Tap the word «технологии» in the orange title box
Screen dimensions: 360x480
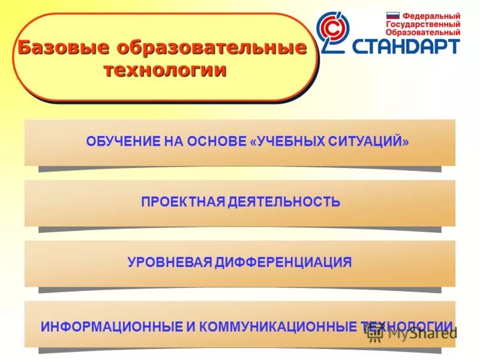tap(165, 70)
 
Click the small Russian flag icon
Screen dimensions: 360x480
tap(392, 16)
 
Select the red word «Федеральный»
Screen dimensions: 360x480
tap(431, 16)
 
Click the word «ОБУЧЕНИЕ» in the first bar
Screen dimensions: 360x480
tap(117, 142)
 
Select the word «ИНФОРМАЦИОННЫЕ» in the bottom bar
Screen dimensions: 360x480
tap(111, 326)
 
